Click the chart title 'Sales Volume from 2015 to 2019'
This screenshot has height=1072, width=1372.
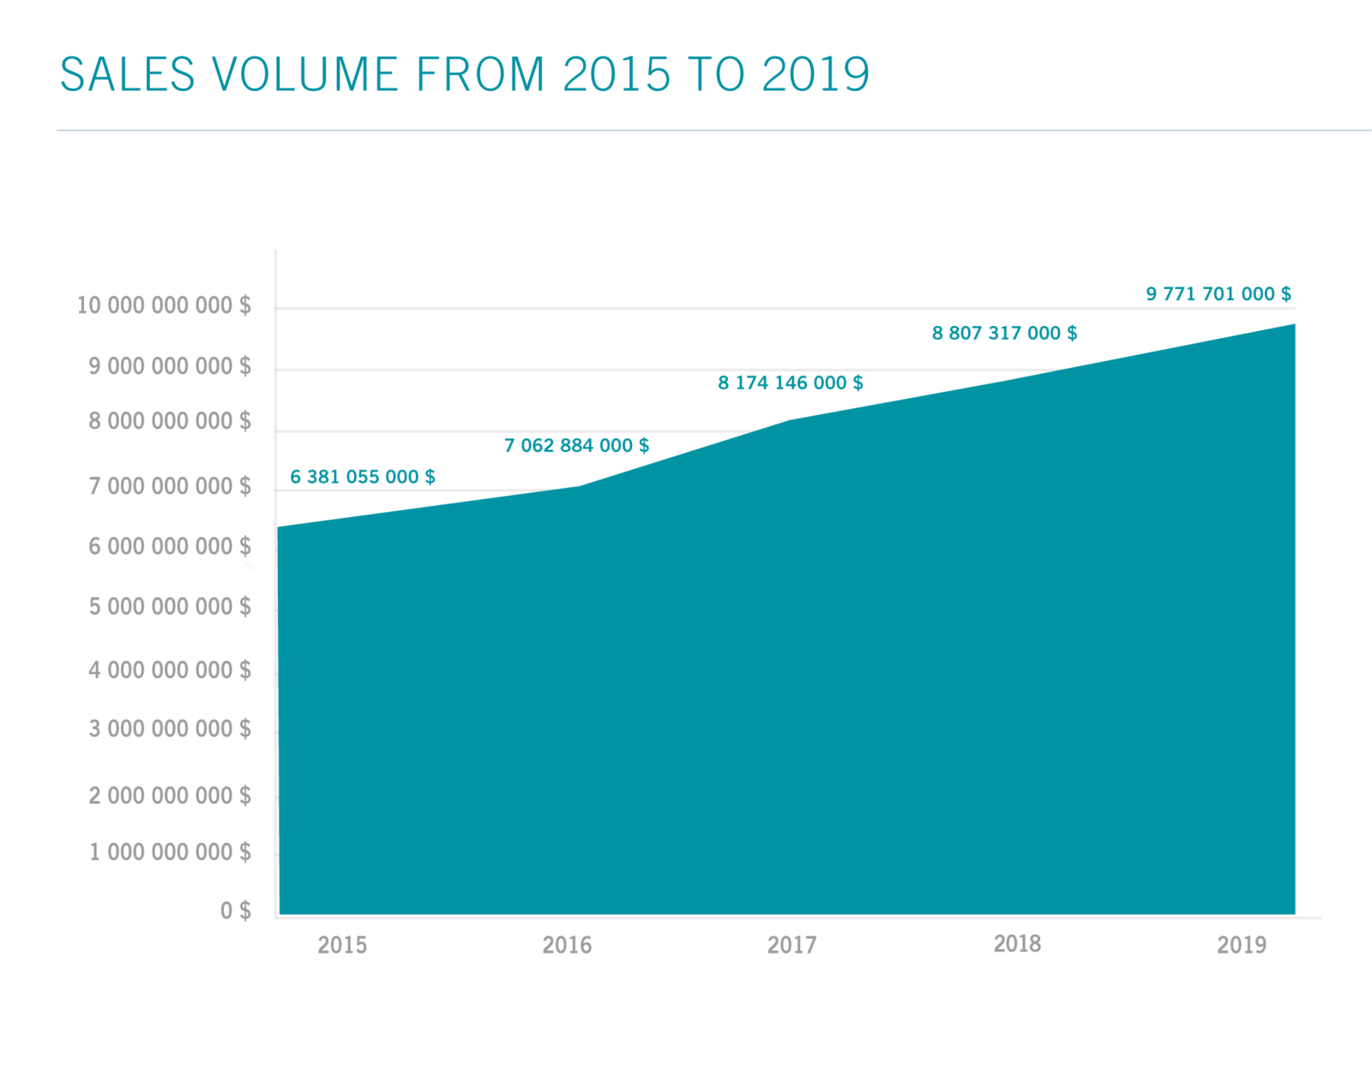(x=464, y=74)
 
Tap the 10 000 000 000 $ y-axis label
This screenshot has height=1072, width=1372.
(x=164, y=305)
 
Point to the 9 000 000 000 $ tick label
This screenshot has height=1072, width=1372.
(x=170, y=366)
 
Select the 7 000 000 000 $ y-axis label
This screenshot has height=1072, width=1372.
(x=170, y=486)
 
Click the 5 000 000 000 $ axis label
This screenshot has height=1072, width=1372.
(x=170, y=606)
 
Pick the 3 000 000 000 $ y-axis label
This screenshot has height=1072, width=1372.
(x=170, y=729)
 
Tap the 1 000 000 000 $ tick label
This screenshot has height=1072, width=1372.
(x=170, y=852)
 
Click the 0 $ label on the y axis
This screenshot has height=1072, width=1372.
(x=235, y=910)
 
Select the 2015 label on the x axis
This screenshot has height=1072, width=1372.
(x=342, y=944)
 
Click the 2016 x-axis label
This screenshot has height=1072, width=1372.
(x=567, y=944)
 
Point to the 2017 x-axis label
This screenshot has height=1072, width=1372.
(x=791, y=944)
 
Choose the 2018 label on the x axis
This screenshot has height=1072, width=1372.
(x=1017, y=943)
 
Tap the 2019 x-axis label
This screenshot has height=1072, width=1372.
(x=1242, y=944)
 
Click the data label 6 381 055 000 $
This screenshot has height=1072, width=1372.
(x=362, y=477)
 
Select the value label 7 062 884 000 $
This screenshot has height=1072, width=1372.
(x=576, y=445)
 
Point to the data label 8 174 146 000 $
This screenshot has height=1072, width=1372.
(x=790, y=382)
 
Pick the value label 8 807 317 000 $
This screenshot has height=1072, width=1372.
(x=1004, y=333)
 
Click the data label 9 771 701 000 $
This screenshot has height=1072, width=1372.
(x=1219, y=293)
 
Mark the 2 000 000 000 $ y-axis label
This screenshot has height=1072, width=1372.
(x=170, y=796)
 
